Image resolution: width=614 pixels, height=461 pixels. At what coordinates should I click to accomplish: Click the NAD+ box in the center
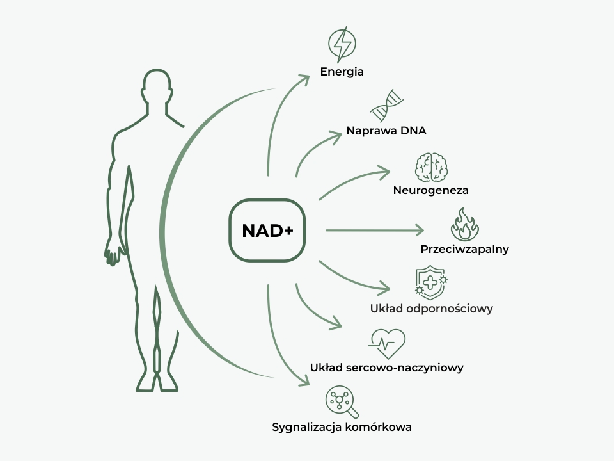267,230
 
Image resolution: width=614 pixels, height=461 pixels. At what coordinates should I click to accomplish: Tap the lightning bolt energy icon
342,44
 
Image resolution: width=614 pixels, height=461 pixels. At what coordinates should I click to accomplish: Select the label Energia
342,72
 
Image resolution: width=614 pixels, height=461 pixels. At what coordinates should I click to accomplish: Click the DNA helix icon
386,106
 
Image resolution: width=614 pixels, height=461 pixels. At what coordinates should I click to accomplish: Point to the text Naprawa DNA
386,131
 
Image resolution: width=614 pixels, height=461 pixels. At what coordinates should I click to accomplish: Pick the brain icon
431,167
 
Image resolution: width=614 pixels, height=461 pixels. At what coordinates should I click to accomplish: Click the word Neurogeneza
430,190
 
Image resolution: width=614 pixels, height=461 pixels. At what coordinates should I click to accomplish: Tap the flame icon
465,224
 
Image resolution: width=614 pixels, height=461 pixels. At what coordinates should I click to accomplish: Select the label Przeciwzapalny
465,249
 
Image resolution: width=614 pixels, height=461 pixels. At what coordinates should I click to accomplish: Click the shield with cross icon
431,282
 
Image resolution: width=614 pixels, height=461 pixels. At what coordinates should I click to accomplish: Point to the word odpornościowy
449,309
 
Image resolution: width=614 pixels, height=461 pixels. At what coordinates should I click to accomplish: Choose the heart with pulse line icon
387,344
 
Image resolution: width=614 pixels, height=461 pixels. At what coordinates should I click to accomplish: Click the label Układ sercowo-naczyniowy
386,368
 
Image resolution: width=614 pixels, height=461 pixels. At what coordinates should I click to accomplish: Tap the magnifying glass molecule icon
342,402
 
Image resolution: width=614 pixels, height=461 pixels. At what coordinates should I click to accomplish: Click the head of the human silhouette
157,87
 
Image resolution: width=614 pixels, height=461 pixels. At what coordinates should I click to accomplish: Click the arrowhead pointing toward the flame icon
420,230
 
